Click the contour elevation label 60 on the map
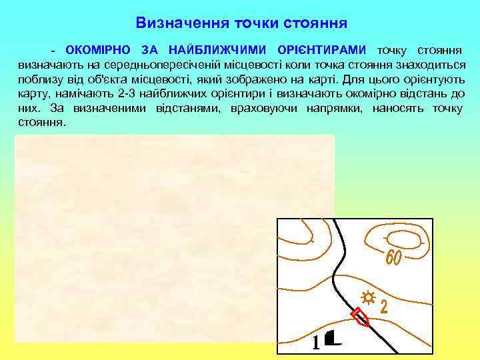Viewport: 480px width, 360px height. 393,257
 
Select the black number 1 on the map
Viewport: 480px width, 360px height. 316,343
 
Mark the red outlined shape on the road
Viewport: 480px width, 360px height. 361,317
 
